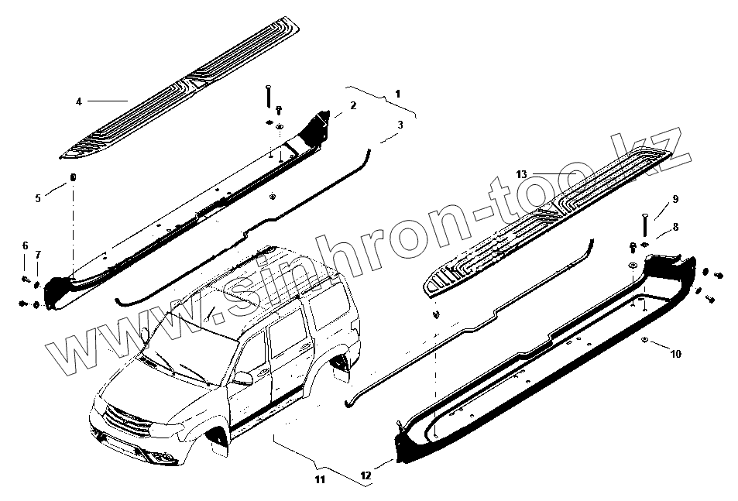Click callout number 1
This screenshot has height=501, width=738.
[397, 94]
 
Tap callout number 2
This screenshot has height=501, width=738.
[353, 105]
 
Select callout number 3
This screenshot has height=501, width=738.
[400, 125]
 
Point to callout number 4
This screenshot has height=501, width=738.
[78, 101]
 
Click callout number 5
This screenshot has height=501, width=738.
[38, 198]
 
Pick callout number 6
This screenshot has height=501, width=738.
[25, 245]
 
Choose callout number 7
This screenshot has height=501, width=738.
[38, 255]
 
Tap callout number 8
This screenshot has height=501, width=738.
[675, 227]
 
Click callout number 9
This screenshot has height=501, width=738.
[675, 200]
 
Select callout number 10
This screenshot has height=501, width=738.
[676, 354]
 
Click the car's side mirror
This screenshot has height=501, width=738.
[243, 378]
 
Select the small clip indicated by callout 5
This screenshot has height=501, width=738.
[72, 178]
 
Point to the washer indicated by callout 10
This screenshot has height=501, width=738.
[645, 341]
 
